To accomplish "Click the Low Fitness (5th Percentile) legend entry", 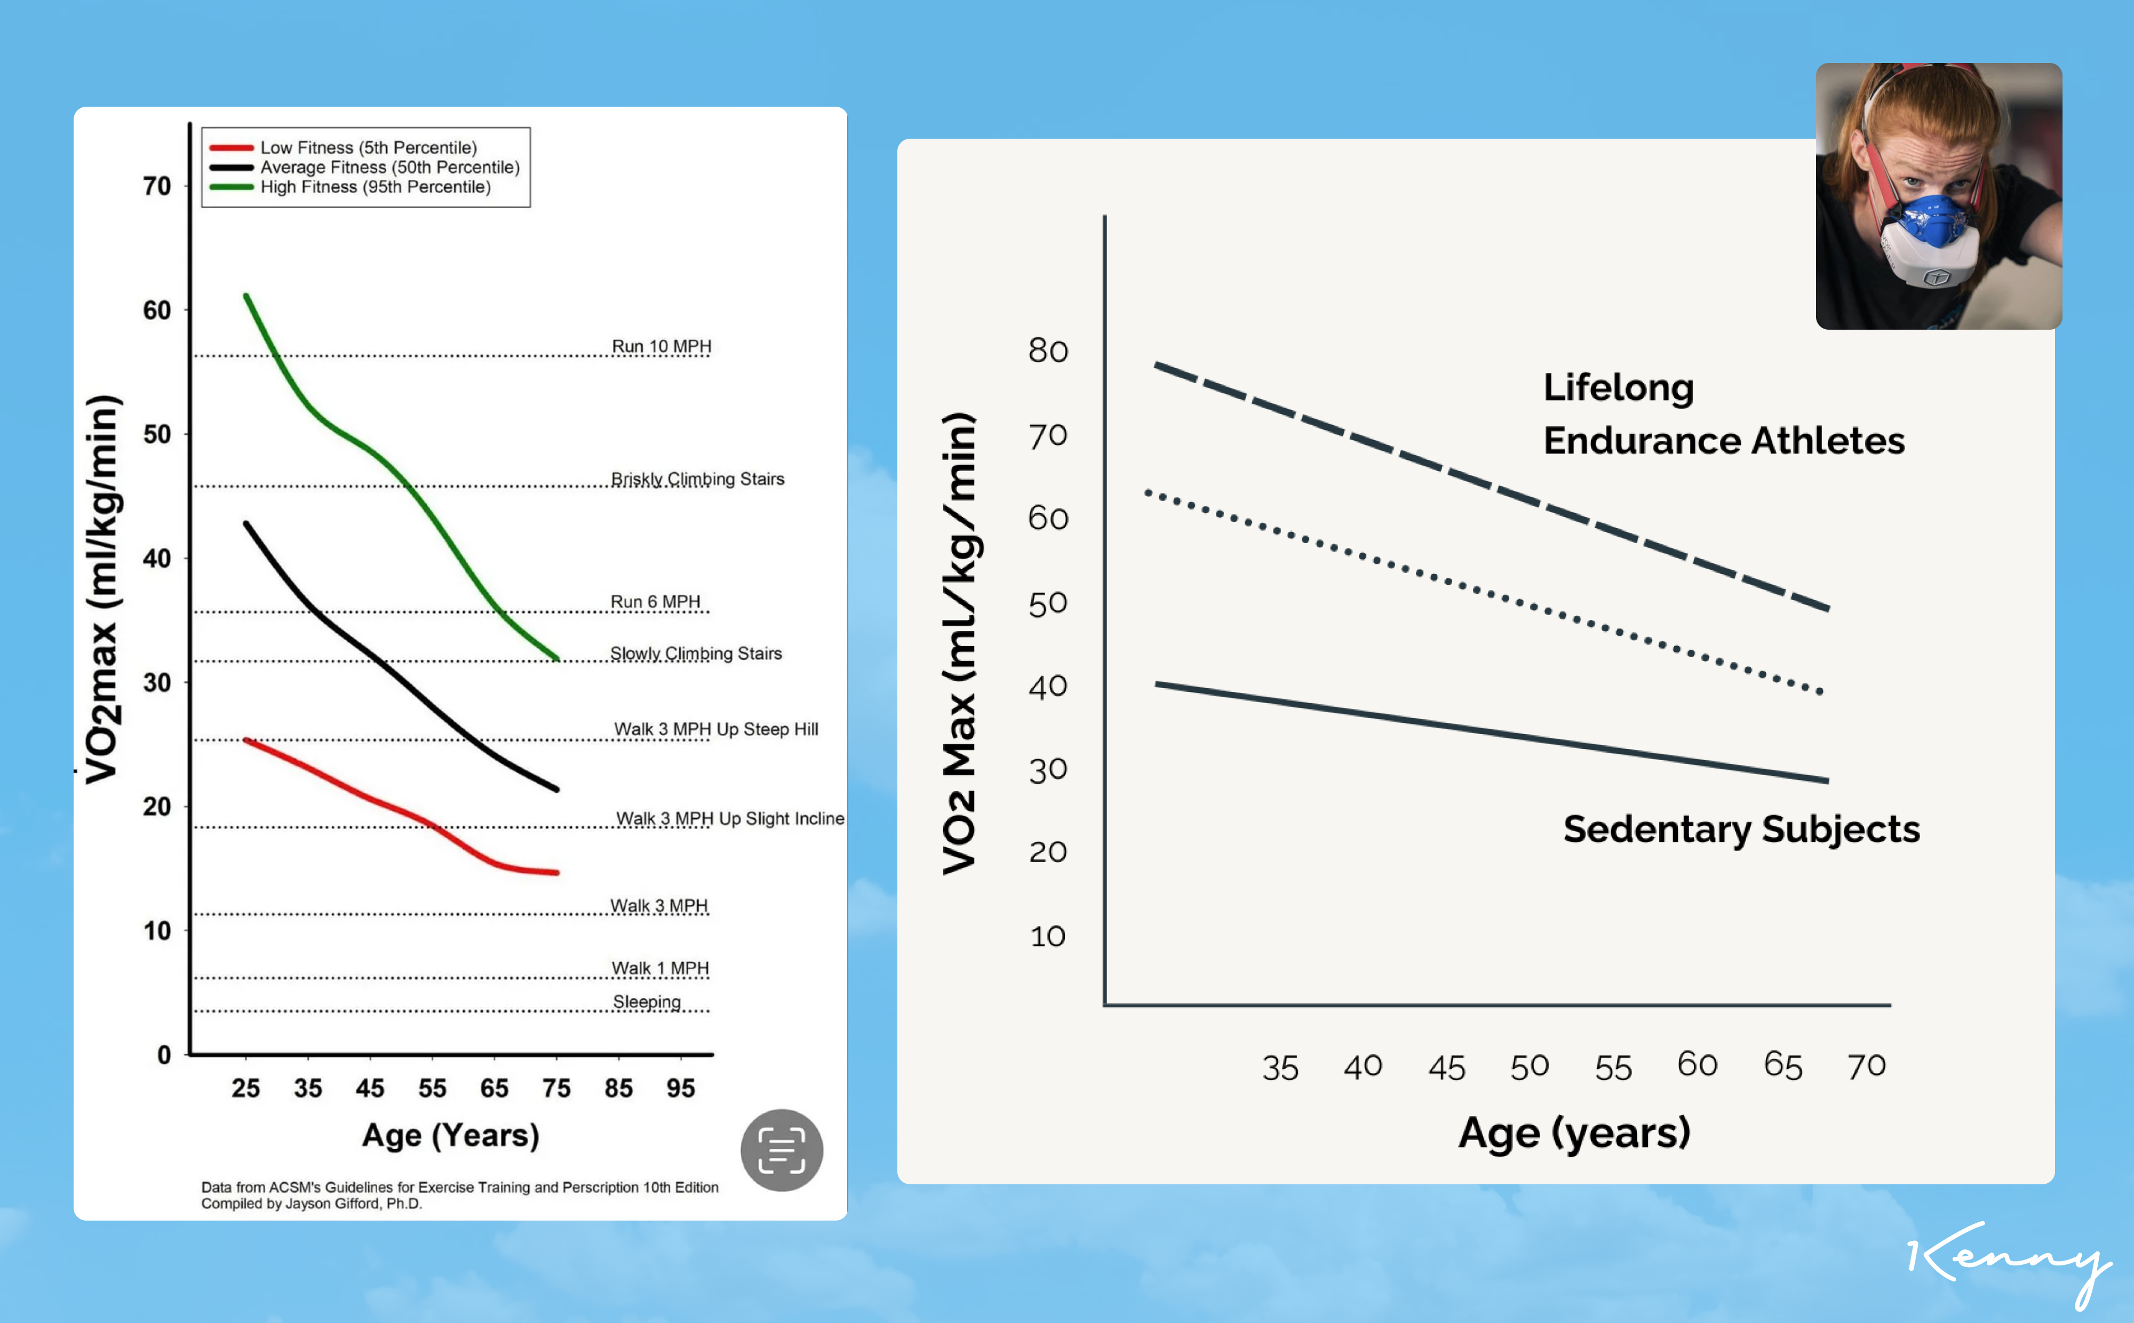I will pyautogui.click(x=368, y=148).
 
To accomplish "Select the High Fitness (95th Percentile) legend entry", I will pyautogui.click(x=375, y=187).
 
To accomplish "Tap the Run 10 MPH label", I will pyautogui.click(x=662, y=347).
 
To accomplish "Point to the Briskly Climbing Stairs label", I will pyautogui.click(x=697, y=480).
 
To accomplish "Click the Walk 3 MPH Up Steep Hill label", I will pyautogui.click(x=716, y=730).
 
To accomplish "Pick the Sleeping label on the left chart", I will pyautogui.click(x=647, y=1002).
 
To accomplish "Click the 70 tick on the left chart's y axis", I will pyautogui.click(x=157, y=186).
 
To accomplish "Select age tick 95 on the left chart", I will pyautogui.click(x=681, y=1088).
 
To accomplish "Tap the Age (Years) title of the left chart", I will pyautogui.click(x=451, y=1136).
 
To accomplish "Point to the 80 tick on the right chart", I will pyautogui.click(x=1048, y=351).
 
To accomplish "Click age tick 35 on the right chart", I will pyautogui.click(x=1280, y=1069).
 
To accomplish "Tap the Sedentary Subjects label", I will pyautogui.click(x=1741, y=830).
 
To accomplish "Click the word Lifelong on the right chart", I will pyautogui.click(x=1618, y=388).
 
